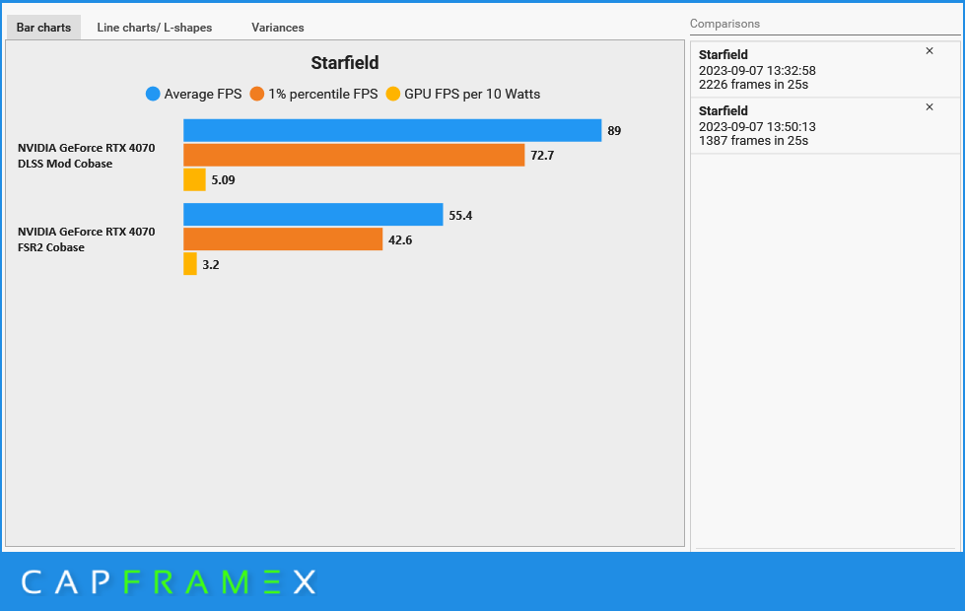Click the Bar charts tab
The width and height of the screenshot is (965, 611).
(43, 28)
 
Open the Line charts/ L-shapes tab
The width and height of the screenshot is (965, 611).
(155, 28)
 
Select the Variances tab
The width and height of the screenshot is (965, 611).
(278, 28)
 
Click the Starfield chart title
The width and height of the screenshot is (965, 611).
(345, 63)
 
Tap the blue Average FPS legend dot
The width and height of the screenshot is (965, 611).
(153, 94)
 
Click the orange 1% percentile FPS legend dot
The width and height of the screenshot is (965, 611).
(256, 94)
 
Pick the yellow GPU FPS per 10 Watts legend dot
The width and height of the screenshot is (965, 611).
(392, 94)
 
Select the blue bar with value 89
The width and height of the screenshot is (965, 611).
(392, 130)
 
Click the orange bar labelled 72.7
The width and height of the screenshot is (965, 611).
(354, 155)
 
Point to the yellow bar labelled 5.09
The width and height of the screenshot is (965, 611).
(194, 179)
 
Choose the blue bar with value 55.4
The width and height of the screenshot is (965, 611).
(313, 214)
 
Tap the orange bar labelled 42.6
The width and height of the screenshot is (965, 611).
(283, 238)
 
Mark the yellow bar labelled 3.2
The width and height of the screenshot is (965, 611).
(190, 263)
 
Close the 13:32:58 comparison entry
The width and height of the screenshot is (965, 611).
(930, 51)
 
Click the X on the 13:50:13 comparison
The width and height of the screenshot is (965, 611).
(930, 107)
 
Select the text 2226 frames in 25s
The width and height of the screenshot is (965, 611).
(753, 85)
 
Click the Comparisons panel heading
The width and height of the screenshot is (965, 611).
(724, 24)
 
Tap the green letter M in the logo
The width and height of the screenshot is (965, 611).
(236, 582)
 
